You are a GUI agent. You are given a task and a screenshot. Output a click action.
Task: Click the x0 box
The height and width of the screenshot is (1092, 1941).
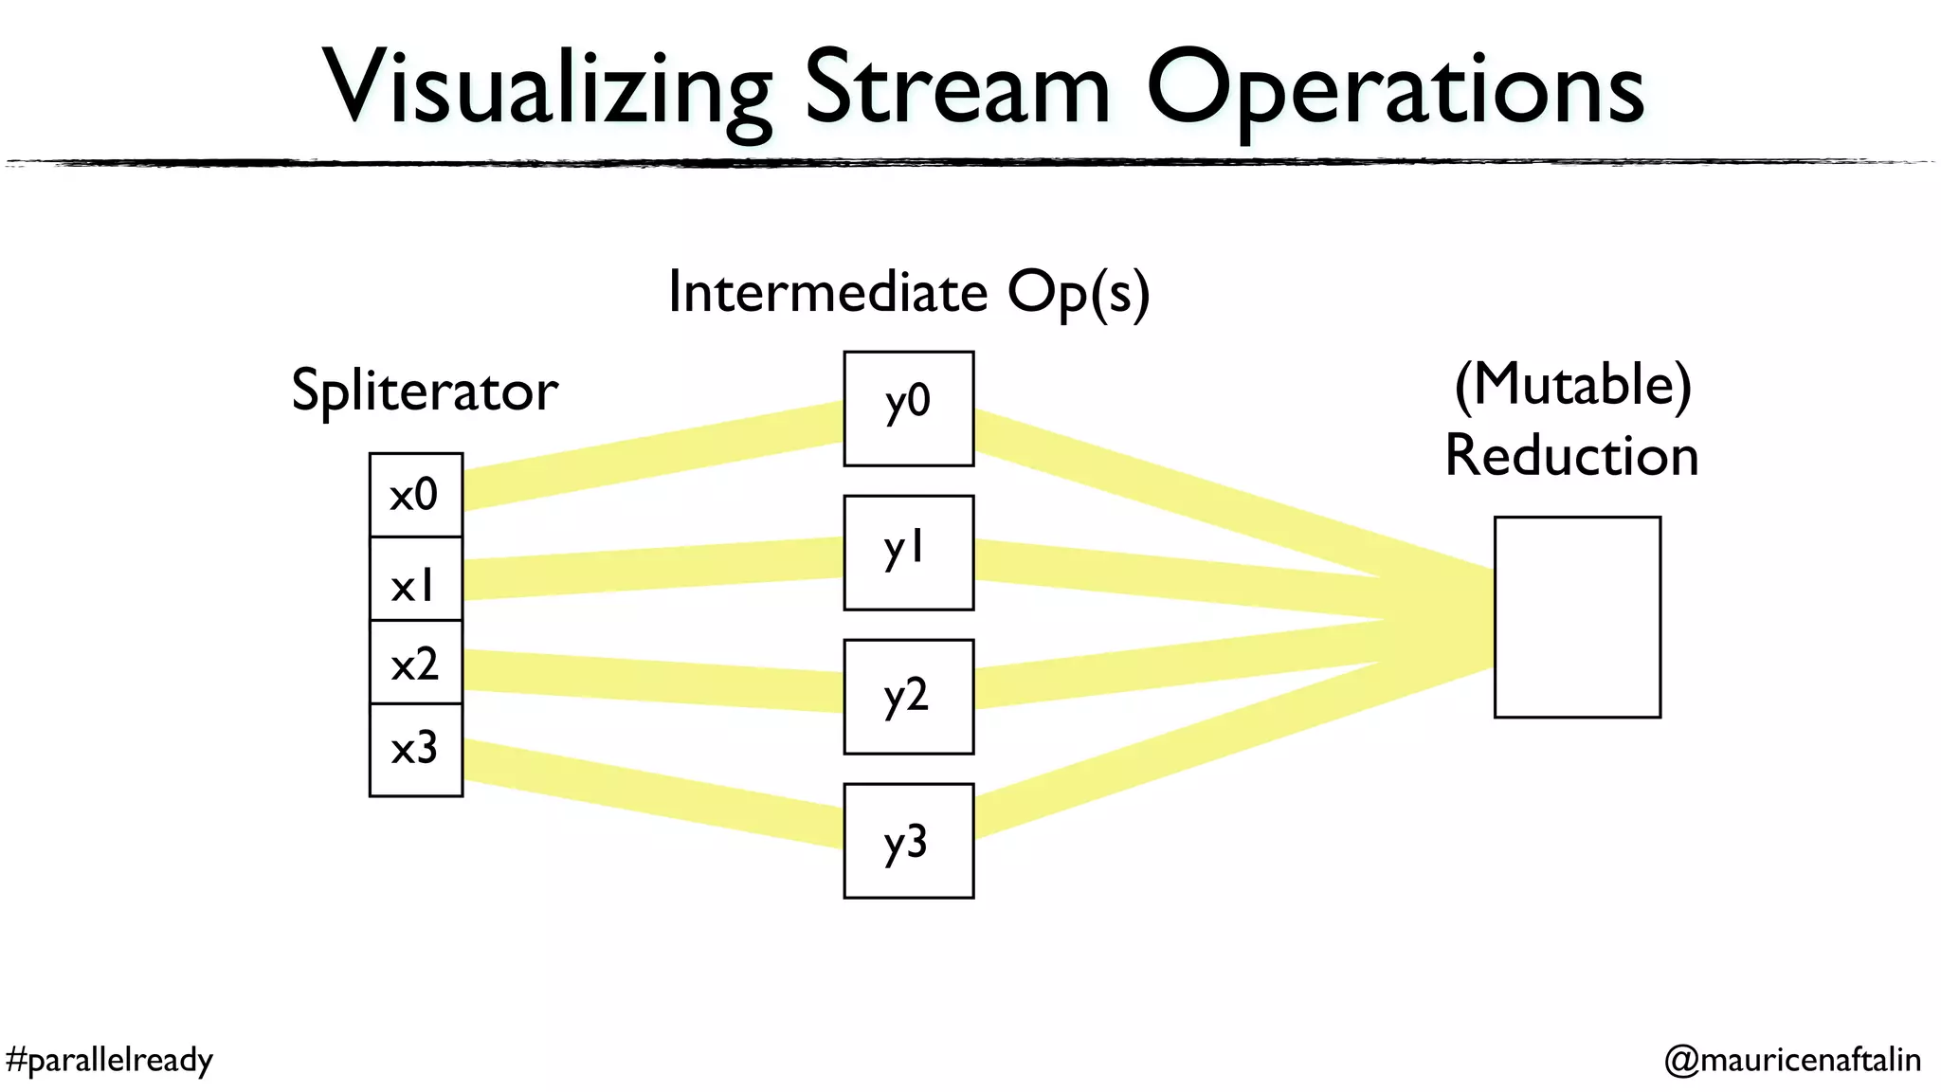pyautogui.click(x=415, y=495)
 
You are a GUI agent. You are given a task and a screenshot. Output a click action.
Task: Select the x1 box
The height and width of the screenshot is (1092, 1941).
pyautogui.click(x=415, y=579)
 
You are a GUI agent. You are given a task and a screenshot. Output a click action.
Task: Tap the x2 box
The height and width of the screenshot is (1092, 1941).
pyautogui.click(x=415, y=663)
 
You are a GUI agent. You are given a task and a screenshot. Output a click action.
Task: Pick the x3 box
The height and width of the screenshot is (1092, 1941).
pyautogui.click(x=415, y=749)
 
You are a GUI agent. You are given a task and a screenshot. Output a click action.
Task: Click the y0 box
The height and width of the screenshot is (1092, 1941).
pyautogui.click(x=908, y=409)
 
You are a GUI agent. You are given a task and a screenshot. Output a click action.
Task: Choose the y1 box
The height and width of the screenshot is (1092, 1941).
pyautogui.click(x=908, y=553)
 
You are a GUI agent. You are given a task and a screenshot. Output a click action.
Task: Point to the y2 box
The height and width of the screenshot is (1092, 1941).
pyautogui.click(x=908, y=697)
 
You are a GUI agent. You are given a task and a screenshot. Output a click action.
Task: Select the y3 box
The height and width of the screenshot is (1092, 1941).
pyautogui.click(x=908, y=841)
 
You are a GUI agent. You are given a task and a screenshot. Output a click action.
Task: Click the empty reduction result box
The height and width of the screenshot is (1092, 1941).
pyautogui.click(x=1577, y=617)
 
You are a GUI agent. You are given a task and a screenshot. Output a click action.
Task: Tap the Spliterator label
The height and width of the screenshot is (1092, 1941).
pyautogui.click(x=425, y=391)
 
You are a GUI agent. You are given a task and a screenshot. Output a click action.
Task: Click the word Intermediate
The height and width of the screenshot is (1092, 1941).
pyautogui.click(x=827, y=292)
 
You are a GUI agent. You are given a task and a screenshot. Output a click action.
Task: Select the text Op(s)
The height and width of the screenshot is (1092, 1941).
pyautogui.click(x=1079, y=292)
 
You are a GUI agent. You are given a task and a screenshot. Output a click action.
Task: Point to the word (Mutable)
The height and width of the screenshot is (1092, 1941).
pyautogui.click(x=1573, y=385)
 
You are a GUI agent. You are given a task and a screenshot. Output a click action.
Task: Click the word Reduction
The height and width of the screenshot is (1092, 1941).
pyautogui.click(x=1571, y=456)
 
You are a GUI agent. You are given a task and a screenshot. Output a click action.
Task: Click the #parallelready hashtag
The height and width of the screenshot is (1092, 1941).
pyautogui.click(x=109, y=1059)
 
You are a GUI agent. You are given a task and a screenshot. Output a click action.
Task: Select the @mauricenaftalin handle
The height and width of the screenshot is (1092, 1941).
pyautogui.click(x=1792, y=1059)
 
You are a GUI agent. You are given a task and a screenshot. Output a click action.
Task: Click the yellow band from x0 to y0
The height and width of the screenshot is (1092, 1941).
pyautogui.click(x=654, y=455)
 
